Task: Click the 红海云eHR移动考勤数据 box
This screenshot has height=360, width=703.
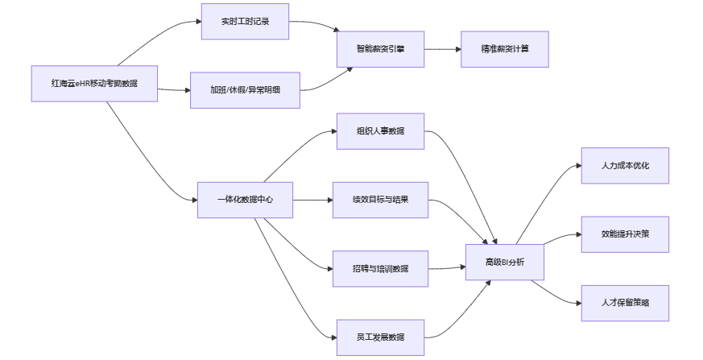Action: [x=94, y=83]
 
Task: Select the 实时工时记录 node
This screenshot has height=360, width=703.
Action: [x=245, y=22]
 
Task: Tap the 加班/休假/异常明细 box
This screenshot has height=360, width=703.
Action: [x=245, y=89]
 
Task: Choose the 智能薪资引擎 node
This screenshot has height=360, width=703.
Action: [x=380, y=48]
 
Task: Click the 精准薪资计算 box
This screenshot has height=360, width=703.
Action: [x=505, y=48]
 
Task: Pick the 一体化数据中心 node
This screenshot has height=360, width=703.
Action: [x=245, y=199]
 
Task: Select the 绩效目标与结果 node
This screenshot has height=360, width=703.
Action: [x=380, y=199]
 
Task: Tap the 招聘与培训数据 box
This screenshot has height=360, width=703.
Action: [x=380, y=268]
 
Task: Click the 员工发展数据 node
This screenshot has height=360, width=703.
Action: [x=380, y=337]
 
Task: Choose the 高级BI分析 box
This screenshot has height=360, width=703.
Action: [x=504, y=262]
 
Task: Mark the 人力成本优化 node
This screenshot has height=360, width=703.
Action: [x=625, y=165]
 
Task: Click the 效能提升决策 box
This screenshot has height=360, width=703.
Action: [x=625, y=234]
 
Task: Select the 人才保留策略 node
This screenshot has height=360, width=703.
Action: [x=625, y=302]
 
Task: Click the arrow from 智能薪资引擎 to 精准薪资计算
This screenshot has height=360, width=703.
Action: [x=441, y=49]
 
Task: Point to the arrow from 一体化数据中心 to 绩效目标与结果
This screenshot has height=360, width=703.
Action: [x=312, y=200]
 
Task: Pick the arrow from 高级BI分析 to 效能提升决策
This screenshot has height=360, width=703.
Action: [x=562, y=238]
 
